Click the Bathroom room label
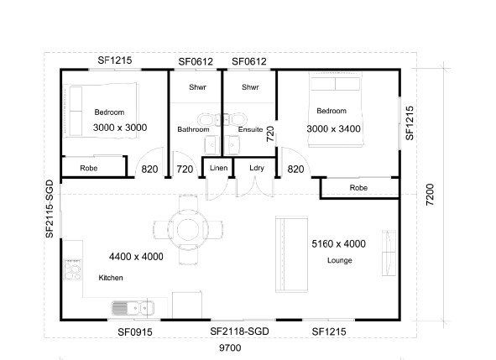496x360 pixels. click(x=192, y=129)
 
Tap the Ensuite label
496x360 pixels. click(x=249, y=129)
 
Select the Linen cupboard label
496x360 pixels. click(x=218, y=168)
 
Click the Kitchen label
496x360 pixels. click(x=111, y=277)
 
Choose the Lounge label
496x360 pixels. click(x=339, y=260)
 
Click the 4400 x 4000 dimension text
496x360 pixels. click(x=136, y=256)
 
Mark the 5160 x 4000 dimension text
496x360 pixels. click(x=338, y=244)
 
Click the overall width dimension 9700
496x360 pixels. click(x=228, y=346)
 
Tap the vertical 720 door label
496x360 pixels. click(x=270, y=134)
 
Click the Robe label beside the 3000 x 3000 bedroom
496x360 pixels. click(x=89, y=169)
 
